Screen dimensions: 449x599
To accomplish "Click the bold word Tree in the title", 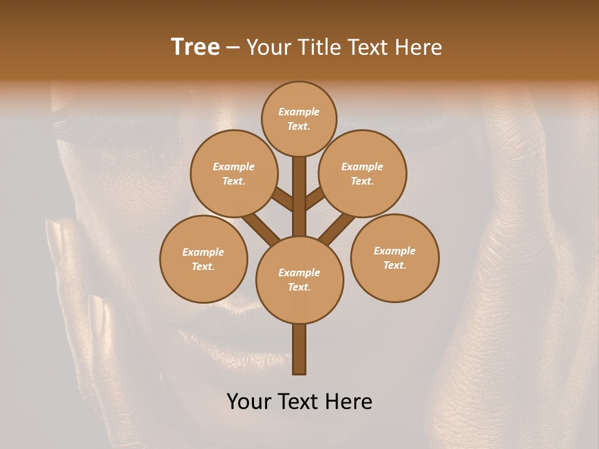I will [x=195, y=47].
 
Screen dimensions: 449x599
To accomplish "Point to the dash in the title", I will [x=233, y=47].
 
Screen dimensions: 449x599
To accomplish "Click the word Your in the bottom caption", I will [x=250, y=402].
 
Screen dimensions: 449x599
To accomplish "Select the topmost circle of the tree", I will [x=299, y=118].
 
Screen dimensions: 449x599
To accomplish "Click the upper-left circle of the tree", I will [x=233, y=173].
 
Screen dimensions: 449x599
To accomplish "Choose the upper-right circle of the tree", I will [x=363, y=173].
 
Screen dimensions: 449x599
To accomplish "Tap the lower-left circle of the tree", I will [x=203, y=259].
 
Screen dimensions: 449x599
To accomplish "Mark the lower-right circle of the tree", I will [x=394, y=258].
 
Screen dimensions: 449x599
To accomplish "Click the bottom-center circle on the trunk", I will [x=299, y=279].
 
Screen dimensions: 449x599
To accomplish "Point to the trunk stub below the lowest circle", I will [x=299, y=349].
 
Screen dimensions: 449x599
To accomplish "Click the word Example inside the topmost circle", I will [x=299, y=112].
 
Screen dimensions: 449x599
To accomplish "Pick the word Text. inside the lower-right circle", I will [x=394, y=265].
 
